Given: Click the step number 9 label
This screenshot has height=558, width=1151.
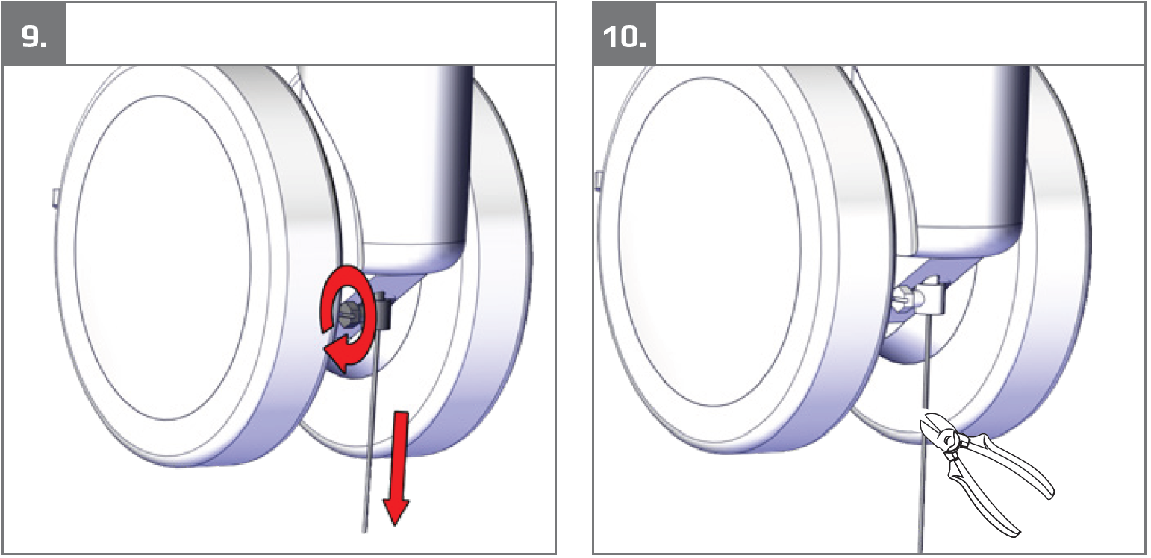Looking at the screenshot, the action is tap(34, 37).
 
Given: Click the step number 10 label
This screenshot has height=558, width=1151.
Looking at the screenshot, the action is tap(624, 37).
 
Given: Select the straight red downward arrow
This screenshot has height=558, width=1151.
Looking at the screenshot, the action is tap(399, 467).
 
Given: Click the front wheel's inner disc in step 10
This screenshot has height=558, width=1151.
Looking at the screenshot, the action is tap(710, 241).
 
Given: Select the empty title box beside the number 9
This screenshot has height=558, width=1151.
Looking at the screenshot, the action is tap(311, 34).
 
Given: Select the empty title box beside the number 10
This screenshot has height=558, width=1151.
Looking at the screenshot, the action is tap(901, 34).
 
